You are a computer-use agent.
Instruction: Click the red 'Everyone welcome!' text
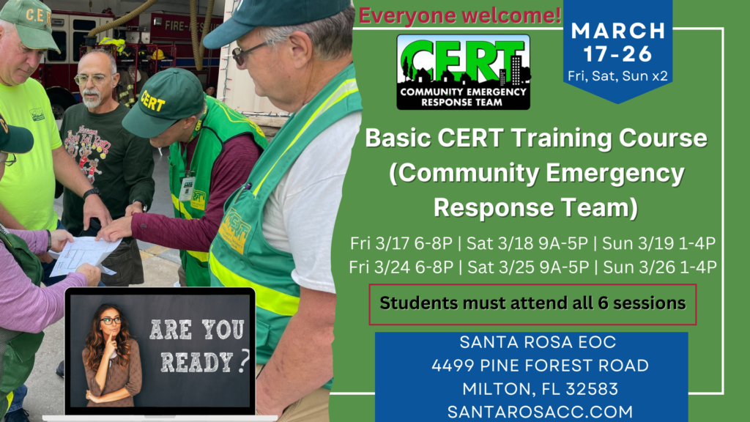[459, 15]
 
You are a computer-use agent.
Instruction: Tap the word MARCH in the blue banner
[618, 31]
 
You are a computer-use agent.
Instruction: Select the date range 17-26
[618, 54]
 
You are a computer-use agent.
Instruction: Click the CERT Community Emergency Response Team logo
[463, 72]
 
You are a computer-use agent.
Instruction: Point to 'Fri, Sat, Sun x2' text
[618, 76]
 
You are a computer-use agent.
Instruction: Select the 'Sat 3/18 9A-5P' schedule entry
[527, 243]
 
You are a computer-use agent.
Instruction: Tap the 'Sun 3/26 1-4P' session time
[660, 267]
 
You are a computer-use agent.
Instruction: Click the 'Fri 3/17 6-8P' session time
[401, 243]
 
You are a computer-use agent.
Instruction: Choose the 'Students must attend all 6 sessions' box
[532, 304]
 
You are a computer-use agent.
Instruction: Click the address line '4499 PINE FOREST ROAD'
[540, 366]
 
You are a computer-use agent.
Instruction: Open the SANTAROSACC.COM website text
[540, 412]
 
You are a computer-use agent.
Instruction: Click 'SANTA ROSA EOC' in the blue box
[538, 342]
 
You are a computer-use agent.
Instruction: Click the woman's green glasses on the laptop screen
[111, 321]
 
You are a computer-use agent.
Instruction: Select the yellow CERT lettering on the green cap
[153, 101]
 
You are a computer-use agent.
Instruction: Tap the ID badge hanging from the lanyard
[187, 188]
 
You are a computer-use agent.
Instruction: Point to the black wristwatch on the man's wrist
[91, 193]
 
